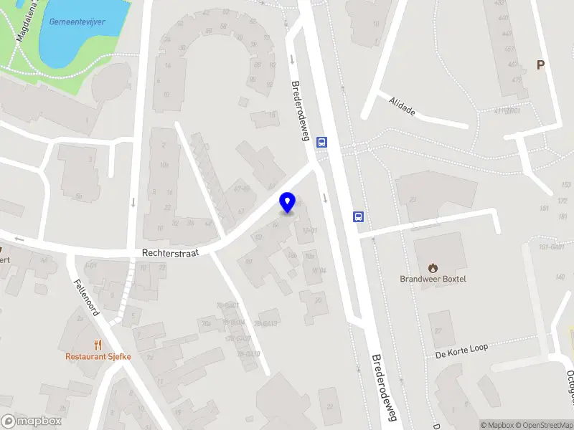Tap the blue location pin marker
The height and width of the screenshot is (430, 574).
point(287,203)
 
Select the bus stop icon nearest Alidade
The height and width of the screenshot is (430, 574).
point(322,142)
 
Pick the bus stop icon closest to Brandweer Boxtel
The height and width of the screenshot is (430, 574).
point(358,216)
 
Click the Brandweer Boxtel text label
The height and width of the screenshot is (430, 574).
point(433,279)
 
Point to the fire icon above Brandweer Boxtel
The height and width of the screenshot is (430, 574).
point(433,267)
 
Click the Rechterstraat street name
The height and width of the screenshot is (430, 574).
point(170,252)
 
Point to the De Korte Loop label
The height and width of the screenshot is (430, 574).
point(461,348)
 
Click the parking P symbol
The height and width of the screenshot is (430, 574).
point(541,65)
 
